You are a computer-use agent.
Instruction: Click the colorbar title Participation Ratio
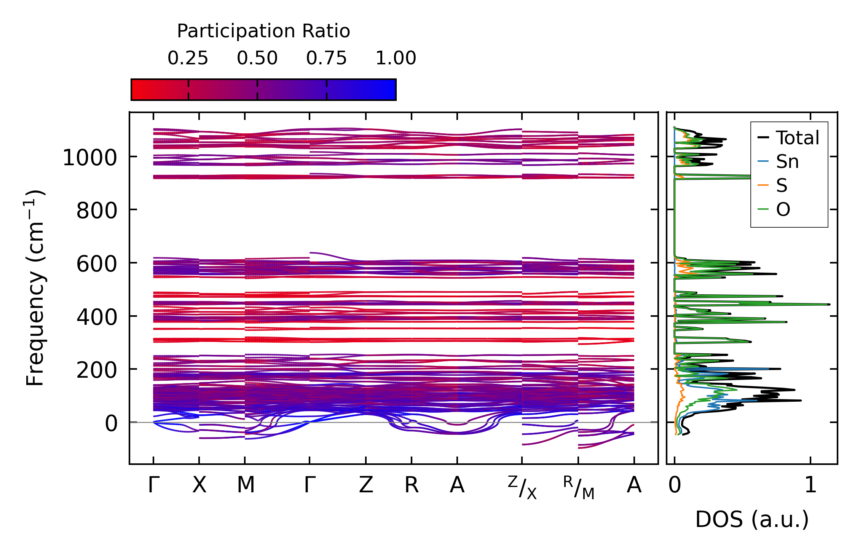click(x=263, y=31)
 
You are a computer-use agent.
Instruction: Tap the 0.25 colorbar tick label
click(x=188, y=58)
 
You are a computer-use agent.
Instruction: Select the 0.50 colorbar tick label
click(x=257, y=58)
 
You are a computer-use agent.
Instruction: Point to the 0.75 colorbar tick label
click(x=326, y=58)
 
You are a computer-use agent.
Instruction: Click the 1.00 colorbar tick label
click(x=396, y=58)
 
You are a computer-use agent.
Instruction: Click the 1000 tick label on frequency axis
click(x=89, y=158)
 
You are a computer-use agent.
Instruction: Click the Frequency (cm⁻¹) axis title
click(x=35, y=288)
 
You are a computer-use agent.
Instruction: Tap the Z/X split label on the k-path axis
click(x=522, y=488)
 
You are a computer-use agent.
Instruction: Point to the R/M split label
click(x=579, y=488)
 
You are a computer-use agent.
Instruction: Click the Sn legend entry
click(x=787, y=162)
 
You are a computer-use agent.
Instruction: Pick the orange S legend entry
click(x=782, y=186)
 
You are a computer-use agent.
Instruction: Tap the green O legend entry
click(x=783, y=210)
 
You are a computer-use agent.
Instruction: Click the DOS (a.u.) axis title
click(x=752, y=519)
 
